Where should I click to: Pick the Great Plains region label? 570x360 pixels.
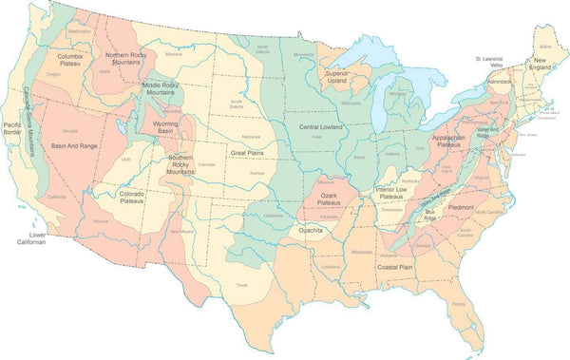[x=246, y=152]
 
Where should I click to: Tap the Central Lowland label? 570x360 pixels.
[x=321, y=126]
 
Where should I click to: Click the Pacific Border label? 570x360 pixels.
[x=12, y=129]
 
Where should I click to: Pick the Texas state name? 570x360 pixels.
[x=241, y=284]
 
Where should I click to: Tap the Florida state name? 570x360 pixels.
[x=459, y=303]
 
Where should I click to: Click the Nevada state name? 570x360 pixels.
[x=70, y=130]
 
